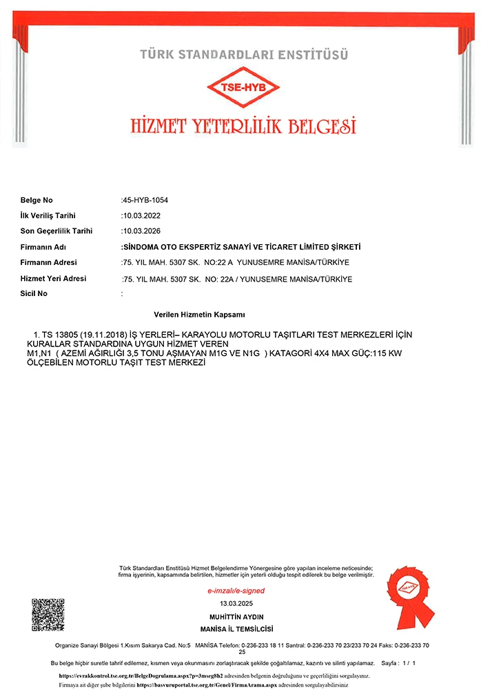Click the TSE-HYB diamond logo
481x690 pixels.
click(244, 88)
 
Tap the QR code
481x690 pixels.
click(48, 615)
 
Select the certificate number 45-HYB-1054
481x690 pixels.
click(145, 200)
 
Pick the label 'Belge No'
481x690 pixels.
click(37, 200)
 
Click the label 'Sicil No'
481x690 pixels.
click(34, 293)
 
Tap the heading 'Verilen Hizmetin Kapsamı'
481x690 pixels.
click(200, 314)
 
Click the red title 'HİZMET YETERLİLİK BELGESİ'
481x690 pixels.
click(243, 126)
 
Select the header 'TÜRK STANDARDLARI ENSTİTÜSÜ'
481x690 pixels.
click(244, 54)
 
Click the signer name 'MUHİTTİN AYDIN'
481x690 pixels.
click(236, 616)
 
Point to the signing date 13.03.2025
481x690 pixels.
click(236, 603)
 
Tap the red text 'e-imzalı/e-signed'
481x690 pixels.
click(236, 591)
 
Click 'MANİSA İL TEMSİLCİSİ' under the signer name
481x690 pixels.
click(236, 629)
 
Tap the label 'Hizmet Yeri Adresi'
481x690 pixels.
click(54, 278)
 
